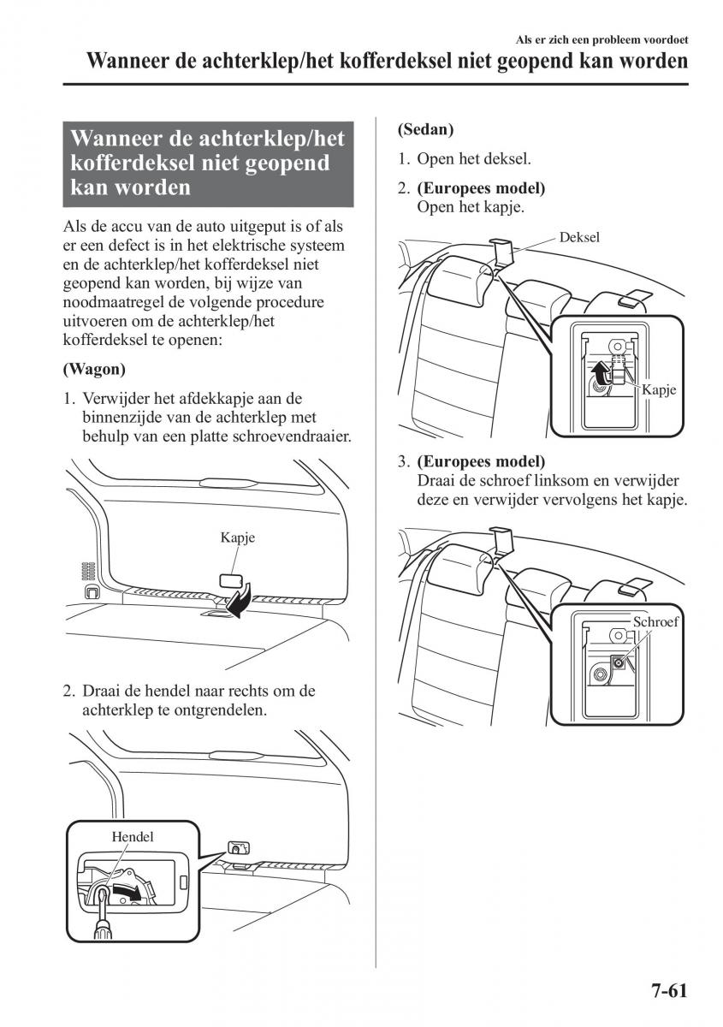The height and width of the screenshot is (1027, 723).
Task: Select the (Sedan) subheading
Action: pyautogui.click(x=425, y=130)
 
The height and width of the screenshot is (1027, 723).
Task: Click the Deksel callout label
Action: pyautogui.click(x=579, y=237)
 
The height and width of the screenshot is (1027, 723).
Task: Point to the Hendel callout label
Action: pyautogui.click(x=132, y=836)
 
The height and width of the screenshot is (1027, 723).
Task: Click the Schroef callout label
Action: pyautogui.click(x=655, y=621)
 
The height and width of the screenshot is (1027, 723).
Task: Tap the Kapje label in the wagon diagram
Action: pyautogui.click(x=237, y=538)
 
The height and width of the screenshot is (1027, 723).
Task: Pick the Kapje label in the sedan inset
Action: pyautogui.click(x=659, y=389)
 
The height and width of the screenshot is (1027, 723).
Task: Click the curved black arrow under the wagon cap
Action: pyautogui.click(x=241, y=600)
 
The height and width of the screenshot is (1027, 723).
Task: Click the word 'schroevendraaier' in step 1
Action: pyautogui.click(x=293, y=436)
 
